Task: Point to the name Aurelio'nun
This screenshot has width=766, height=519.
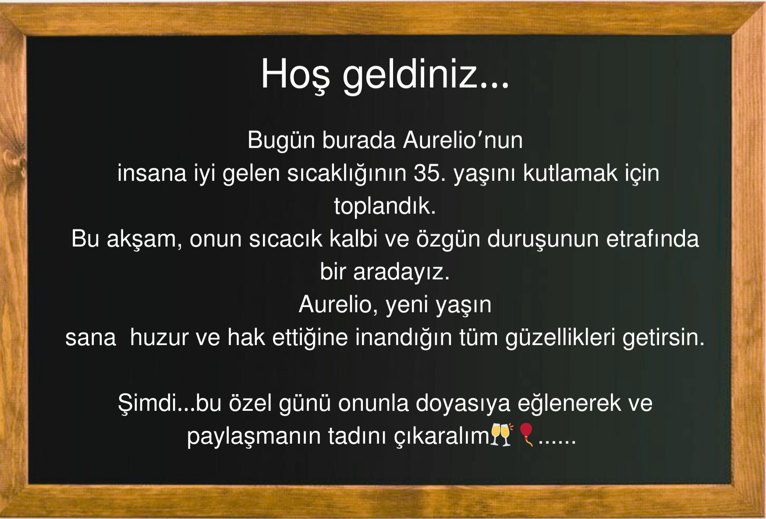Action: [463, 141]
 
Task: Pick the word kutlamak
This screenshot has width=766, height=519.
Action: [570, 173]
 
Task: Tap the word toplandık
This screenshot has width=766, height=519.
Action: [385, 206]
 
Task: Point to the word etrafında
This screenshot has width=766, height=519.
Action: [653, 239]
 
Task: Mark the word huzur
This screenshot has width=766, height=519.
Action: [159, 338]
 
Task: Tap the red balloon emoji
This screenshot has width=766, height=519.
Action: [526, 434]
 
